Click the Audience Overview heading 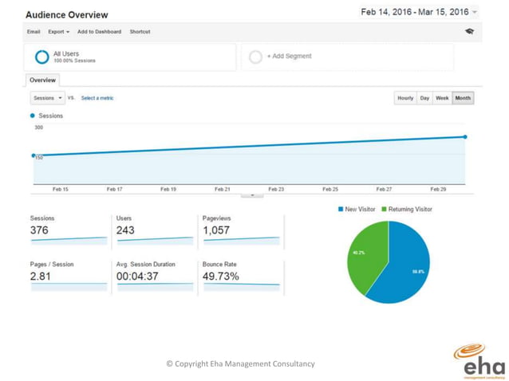tap(67, 15)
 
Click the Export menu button tap(58, 32)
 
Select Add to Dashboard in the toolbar tap(99, 32)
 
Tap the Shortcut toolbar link tap(140, 32)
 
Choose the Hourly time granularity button tap(405, 98)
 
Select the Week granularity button tap(441, 98)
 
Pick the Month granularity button tap(463, 98)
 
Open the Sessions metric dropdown tap(47, 98)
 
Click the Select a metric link tap(97, 98)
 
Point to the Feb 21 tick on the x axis tap(223, 190)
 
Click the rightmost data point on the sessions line tap(465, 137)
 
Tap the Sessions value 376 tap(39, 230)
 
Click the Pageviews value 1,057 tap(216, 230)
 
